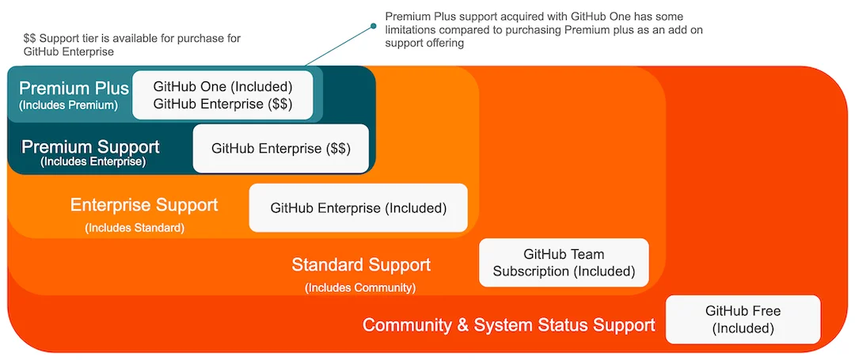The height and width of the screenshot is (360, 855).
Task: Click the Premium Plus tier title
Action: click(74, 88)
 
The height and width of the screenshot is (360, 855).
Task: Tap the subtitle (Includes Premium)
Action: click(69, 105)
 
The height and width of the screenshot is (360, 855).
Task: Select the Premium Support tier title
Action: click(90, 147)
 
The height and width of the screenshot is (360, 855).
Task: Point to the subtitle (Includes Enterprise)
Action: click(93, 162)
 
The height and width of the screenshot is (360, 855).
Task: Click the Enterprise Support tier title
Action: click(144, 205)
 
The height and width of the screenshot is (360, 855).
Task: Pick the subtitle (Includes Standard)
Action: click(135, 228)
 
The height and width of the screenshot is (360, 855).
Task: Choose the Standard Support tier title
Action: click(361, 264)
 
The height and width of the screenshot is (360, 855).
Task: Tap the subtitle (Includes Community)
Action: click(360, 287)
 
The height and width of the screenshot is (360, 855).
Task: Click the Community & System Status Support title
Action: click(509, 324)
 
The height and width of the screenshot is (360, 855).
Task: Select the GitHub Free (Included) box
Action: click(743, 320)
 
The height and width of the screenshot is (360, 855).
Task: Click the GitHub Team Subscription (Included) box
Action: click(564, 263)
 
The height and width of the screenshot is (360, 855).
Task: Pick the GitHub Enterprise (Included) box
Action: click(359, 208)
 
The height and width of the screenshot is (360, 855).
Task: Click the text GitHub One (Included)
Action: click(223, 85)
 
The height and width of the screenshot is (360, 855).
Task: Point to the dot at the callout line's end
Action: click(374, 27)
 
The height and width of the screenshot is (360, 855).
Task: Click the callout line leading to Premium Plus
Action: click(339, 47)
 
